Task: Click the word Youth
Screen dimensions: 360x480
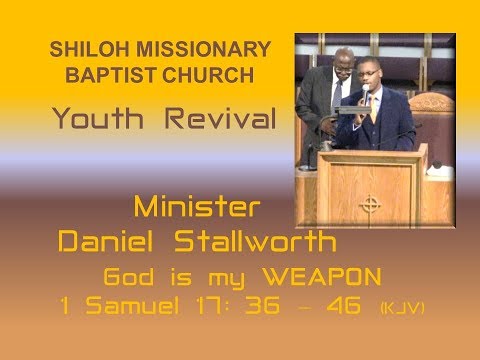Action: point(100,121)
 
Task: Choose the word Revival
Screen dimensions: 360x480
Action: point(218,121)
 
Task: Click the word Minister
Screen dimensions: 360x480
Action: point(197,209)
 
